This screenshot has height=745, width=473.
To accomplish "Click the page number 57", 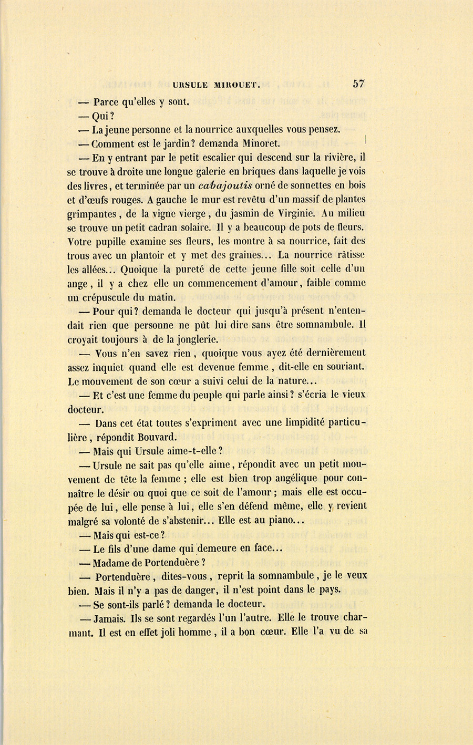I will click(x=358, y=84).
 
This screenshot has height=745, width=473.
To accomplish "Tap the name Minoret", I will click(x=261, y=143).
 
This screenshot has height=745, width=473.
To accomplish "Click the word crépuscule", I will click(x=110, y=297).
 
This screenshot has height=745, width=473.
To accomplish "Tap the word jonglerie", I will click(x=192, y=339).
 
